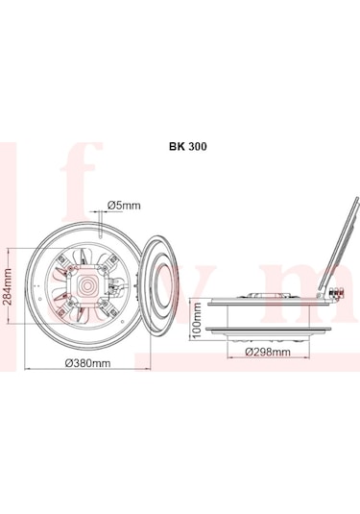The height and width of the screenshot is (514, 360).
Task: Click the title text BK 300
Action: [181, 148]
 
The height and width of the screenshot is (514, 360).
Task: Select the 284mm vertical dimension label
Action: [9, 284]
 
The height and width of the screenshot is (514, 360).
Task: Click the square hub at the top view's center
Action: [88, 285]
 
